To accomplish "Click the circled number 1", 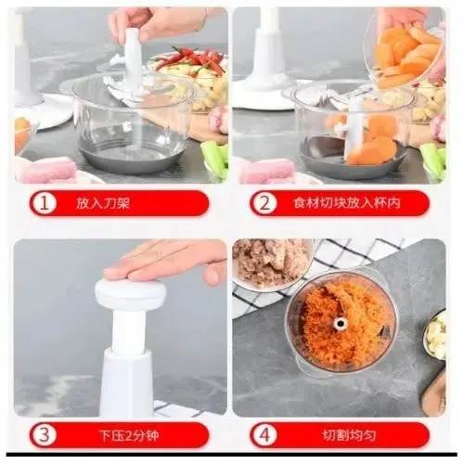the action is click(x=45, y=203).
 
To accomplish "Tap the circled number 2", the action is click(x=264, y=203).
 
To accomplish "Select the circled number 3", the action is click(x=45, y=435).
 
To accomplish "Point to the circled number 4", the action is click(x=264, y=435).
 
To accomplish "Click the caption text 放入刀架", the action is click(x=102, y=203).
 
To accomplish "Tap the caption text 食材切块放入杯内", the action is click(x=347, y=203).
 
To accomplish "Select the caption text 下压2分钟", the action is click(x=129, y=435).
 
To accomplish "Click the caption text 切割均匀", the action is click(x=349, y=435).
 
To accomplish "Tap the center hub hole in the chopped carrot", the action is click(x=341, y=324).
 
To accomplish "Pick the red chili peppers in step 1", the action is click(x=193, y=58).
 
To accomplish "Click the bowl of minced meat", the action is click(x=271, y=263).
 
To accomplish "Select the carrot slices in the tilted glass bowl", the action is click(x=406, y=56).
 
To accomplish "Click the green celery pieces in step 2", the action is click(x=433, y=161).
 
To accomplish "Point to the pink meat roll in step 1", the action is click(x=46, y=170).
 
